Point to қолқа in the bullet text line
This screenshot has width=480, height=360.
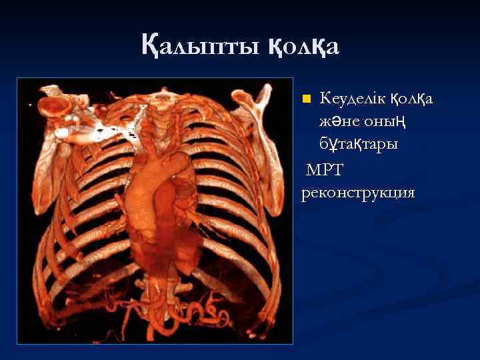pos(411,99)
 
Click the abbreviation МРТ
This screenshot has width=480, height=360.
pos(324,171)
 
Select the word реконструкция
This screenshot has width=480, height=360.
pos(358,193)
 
